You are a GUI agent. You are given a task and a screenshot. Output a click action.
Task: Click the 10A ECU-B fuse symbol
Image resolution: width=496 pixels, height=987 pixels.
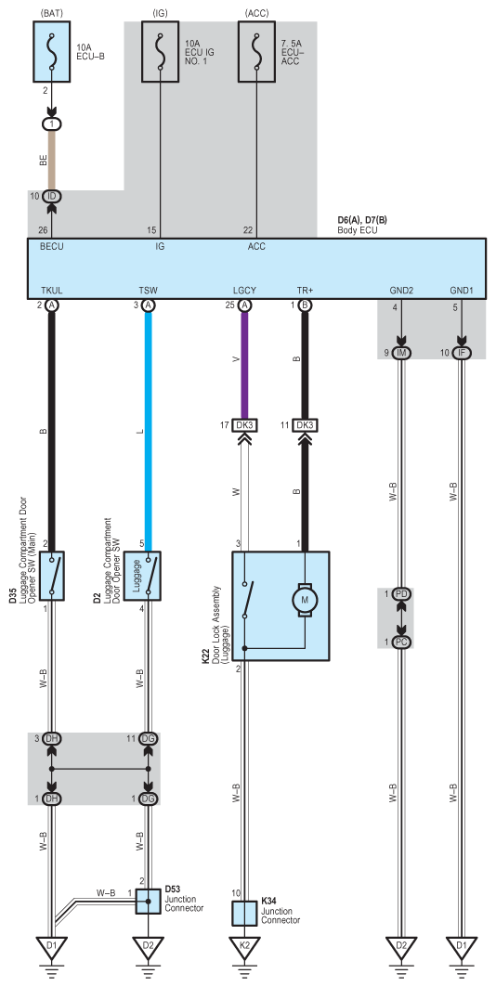tap(52, 52)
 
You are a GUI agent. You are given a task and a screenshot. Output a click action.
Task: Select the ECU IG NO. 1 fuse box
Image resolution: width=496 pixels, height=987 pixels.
tap(160, 52)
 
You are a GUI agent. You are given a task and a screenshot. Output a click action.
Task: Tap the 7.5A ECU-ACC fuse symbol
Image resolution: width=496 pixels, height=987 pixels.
tap(256, 52)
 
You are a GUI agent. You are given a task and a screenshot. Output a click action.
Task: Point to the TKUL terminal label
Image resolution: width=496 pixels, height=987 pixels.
tap(52, 291)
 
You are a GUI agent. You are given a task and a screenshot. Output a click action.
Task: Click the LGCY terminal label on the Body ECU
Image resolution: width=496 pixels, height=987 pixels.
tap(244, 291)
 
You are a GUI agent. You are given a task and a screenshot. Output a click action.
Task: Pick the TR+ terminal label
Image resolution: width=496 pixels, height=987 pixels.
tap(306, 291)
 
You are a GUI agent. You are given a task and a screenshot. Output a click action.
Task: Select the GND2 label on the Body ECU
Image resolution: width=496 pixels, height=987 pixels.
tap(401, 291)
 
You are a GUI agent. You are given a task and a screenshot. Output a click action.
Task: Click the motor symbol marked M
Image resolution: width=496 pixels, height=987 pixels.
tap(305, 600)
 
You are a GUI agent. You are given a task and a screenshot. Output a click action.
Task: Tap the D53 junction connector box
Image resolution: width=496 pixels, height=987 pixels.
tap(148, 902)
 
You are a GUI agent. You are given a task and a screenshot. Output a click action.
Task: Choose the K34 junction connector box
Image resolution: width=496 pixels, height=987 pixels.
tap(244, 914)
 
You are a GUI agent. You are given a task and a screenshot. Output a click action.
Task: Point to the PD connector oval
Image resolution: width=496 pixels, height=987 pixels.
tap(401, 593)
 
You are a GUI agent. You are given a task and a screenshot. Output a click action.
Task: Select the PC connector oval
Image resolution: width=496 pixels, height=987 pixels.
tap(401, 642)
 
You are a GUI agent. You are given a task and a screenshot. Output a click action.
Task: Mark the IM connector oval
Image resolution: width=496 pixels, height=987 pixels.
tap(401, 353)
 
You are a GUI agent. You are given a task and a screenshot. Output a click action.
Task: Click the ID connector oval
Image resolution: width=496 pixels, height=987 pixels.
tap(52, 197)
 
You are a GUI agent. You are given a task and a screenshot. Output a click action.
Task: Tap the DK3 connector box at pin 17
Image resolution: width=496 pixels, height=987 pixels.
tap(244, 425)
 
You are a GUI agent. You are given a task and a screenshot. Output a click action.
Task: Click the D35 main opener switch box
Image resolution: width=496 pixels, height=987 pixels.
tap(52, 576)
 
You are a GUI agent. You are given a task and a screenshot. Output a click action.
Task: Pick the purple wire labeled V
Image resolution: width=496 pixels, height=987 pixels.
tap(244, 365)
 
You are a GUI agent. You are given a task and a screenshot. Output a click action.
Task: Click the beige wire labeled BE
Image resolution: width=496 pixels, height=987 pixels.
tap(52, 161)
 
